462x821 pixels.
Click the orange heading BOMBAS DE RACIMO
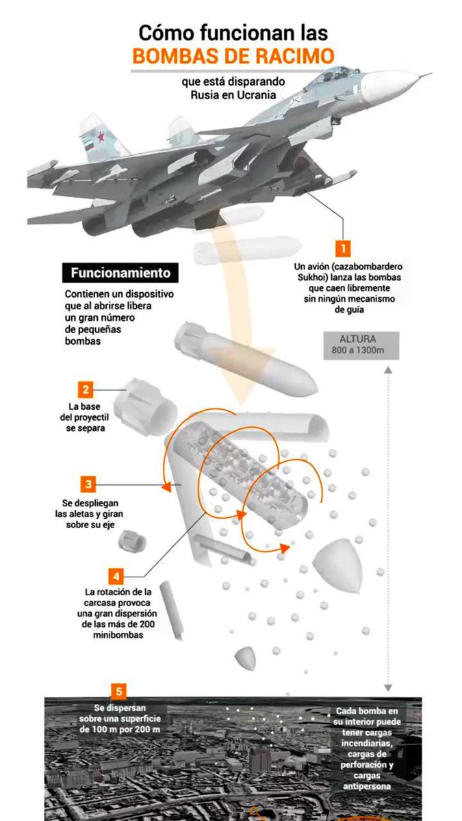pyautogui.click(x=233, y=55)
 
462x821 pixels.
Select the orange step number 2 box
pyautogui.click(x=86, y=390)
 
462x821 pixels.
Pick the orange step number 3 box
pyautogui.click(x=88, y=484)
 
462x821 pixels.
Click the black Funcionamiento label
pyautogui.click(x=120, y=272)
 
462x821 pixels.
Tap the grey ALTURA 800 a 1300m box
pyautogui.click(x=358, y=346)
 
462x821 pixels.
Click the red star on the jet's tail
pyautogui.click(x=101, y=138)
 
